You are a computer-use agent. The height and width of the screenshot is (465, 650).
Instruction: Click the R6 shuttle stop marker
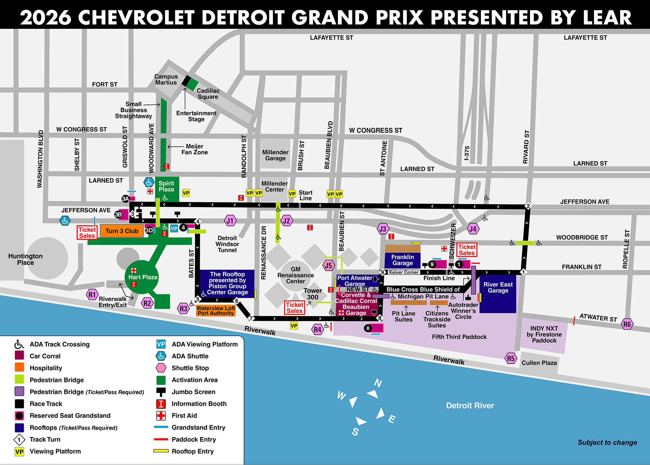[x=627, y=324]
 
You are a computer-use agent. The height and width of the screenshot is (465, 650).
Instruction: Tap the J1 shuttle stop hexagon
[x=230, y=221]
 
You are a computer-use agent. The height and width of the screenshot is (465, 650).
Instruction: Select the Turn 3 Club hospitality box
[x=122, y=231]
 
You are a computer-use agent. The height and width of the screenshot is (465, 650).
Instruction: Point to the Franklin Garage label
[x=402, y=260]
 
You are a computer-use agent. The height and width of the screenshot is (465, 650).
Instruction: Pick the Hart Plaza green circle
[x=142, y=277]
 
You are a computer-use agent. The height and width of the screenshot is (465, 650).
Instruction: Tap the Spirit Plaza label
[x=166, y=186]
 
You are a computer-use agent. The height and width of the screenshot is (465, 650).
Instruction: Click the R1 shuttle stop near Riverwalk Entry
[x=92, y=295]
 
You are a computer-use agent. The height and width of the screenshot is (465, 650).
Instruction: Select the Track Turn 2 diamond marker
[x=528, y=206]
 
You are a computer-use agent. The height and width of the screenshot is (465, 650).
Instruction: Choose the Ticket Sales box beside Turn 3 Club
[x=87, y=232]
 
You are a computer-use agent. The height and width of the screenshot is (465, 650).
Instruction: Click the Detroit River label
[x=470, y=405]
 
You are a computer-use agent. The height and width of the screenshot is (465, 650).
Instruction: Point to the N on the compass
[x=378, y=383]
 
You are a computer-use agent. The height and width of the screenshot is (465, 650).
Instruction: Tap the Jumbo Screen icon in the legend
[x=161, y=392]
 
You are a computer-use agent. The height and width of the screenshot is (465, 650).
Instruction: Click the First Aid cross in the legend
[x=161, y=416]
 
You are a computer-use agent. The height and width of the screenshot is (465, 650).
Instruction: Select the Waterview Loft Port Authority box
[x=216, y=311]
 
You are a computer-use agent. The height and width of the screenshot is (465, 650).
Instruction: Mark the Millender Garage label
[x=275, y=155]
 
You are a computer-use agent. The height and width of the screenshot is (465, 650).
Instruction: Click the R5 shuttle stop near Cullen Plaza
[x=511, y=358]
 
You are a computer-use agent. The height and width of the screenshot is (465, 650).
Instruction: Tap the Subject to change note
[x=607, y=442]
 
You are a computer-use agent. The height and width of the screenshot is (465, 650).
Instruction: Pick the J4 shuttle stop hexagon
[x=473, y=229]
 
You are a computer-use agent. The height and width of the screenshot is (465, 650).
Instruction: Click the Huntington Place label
[x=25, y=259]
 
